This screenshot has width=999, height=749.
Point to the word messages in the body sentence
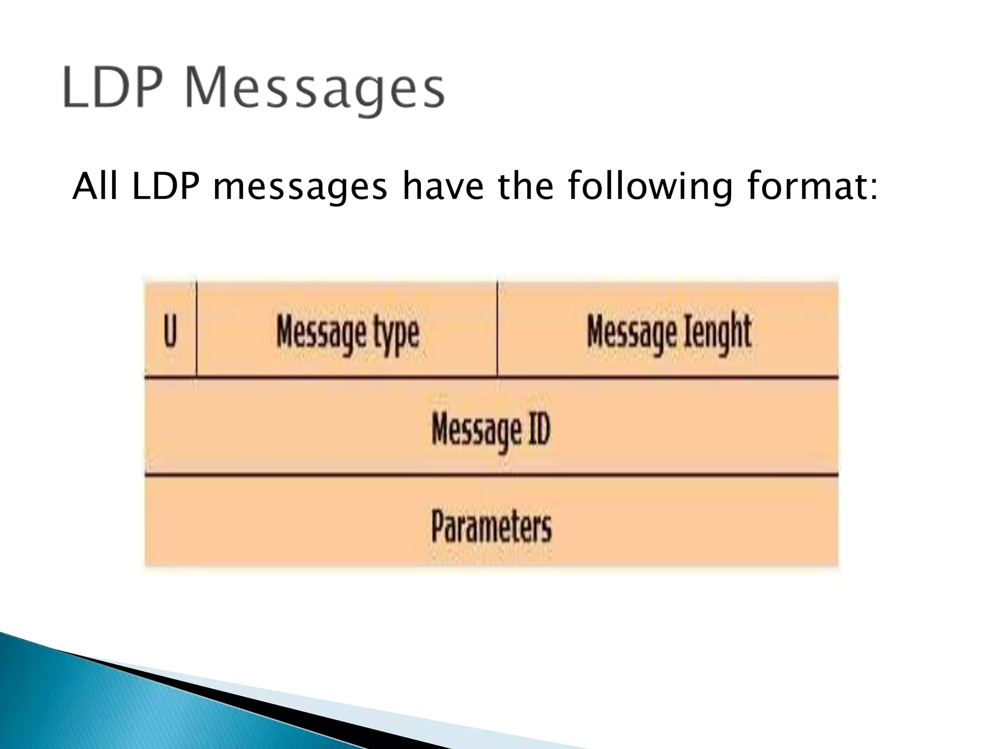click(x=300, y=188)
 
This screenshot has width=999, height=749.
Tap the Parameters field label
click(x=491, y=526)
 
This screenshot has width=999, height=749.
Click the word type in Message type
click(x=396, y=335)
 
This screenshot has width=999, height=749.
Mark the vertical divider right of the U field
click(x=197, y=329)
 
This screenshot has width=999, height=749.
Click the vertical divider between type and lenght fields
click(x=498, y=329)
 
